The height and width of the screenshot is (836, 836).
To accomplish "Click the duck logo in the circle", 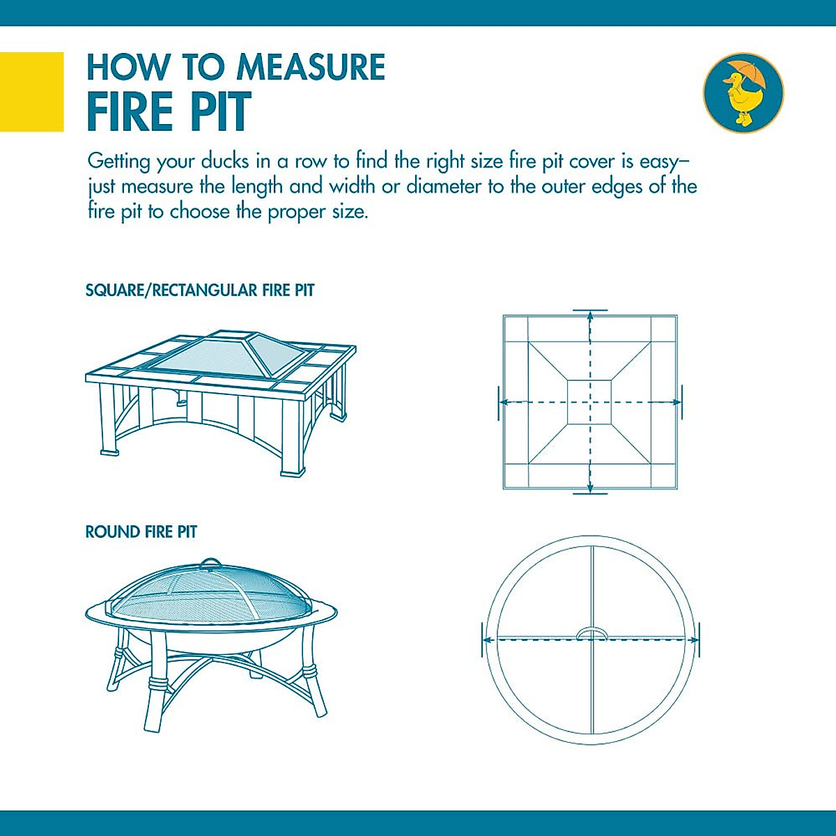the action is (x=743, y=93).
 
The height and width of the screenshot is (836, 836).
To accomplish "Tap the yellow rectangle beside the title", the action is (x=31, y=91).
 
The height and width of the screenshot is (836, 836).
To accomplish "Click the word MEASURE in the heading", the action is (x=311, y=68).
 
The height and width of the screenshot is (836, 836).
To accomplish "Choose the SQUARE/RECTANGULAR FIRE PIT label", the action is (x=200, y=291).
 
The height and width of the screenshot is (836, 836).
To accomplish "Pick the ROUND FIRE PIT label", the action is (x=141, y=532).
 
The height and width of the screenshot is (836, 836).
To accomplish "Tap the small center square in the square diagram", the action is (x=589, y=402).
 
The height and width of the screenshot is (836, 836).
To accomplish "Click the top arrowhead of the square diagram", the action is (x=590, y=316).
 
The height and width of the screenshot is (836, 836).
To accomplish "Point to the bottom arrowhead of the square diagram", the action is (x=590, y=488).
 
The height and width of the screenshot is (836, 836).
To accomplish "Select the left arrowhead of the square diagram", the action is (x=503, y=402).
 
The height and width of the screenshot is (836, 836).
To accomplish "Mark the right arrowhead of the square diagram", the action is (x=676, y=402).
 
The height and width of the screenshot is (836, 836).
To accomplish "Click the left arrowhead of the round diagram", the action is (x=488, y=640).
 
